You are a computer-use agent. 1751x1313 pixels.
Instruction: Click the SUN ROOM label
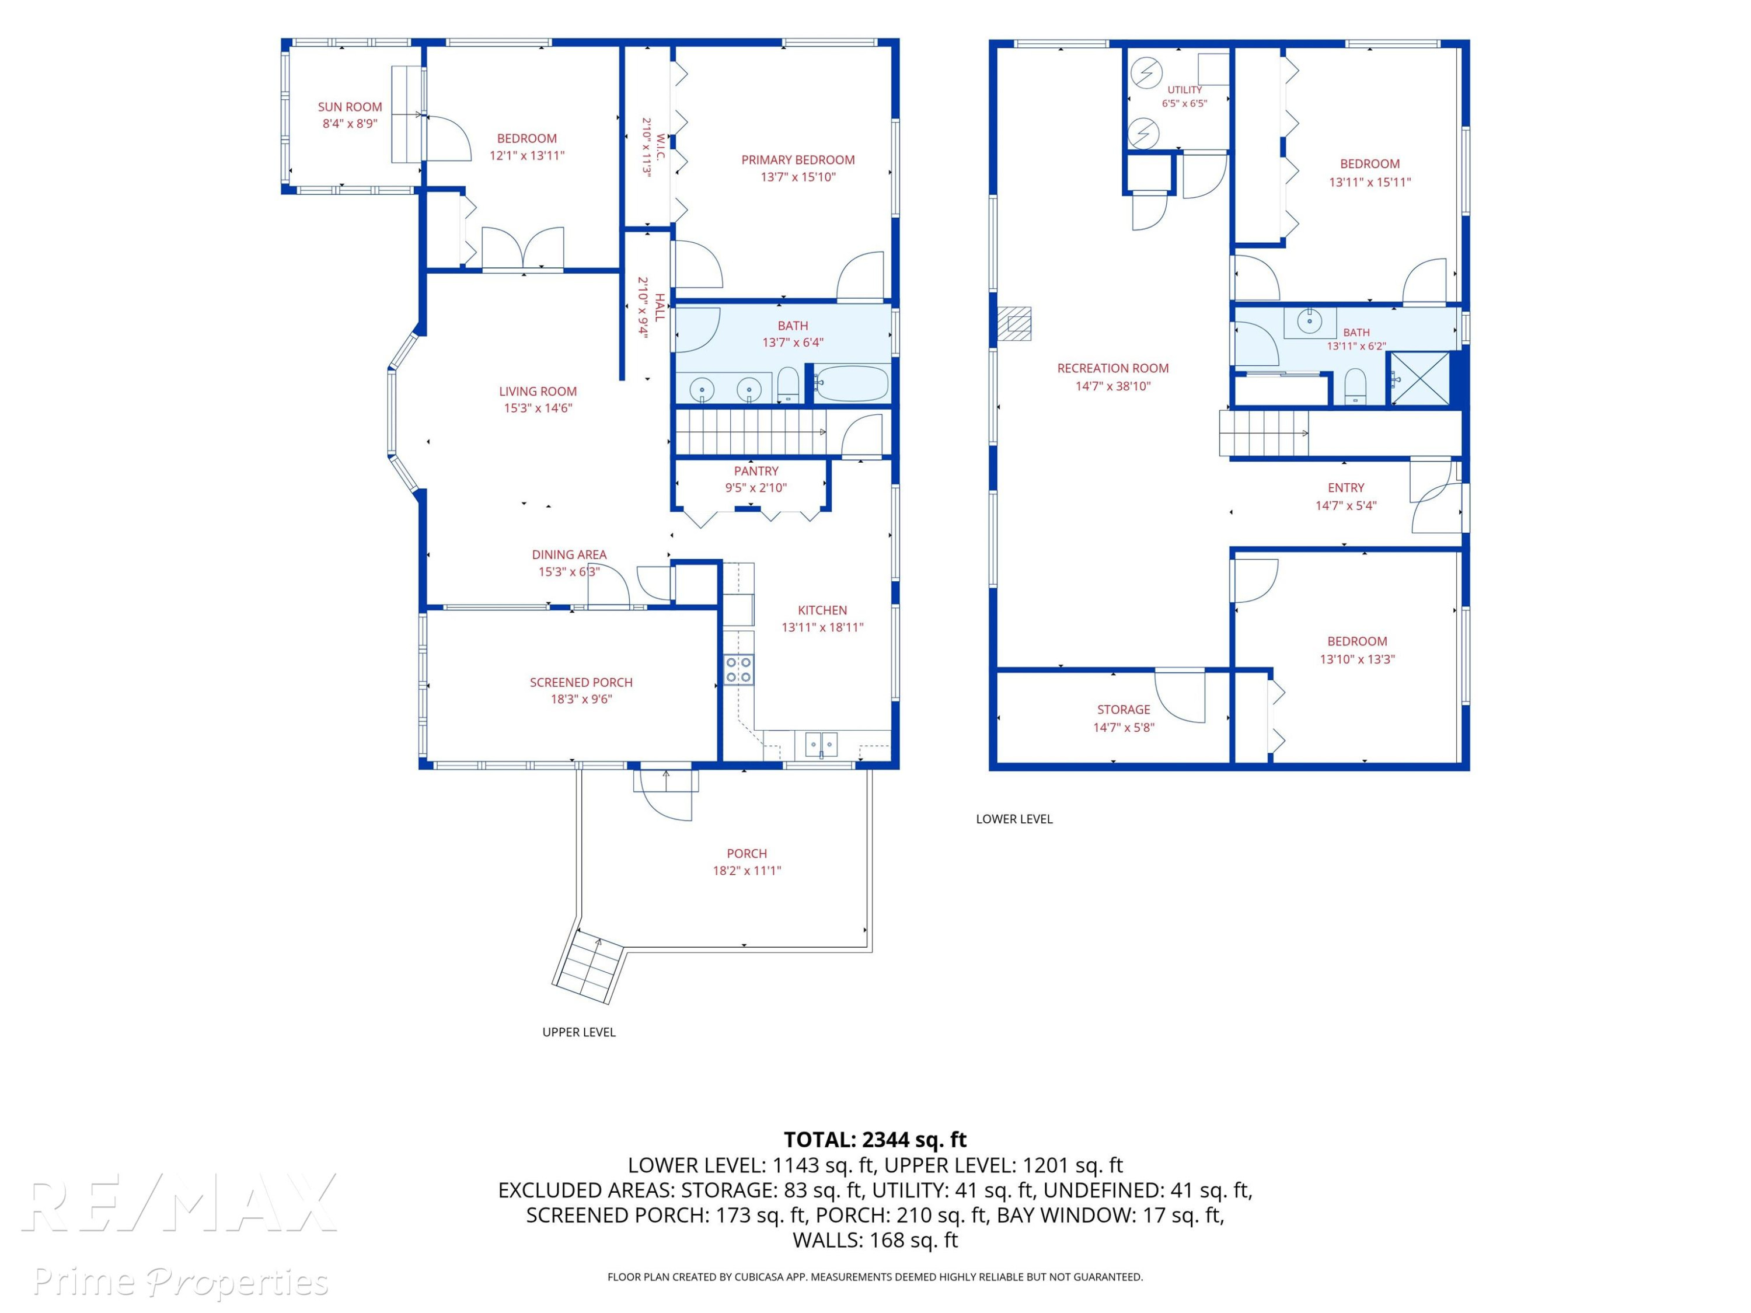(350, 107)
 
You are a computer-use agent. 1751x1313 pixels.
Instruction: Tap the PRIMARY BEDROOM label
(798, 160)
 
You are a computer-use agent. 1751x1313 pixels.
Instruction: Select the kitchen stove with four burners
(738, 669)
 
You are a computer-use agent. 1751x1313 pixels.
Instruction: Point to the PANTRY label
(756, 471)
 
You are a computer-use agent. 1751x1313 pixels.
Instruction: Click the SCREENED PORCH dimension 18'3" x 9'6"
(581, 699)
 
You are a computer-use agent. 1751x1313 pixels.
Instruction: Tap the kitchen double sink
(821, 745)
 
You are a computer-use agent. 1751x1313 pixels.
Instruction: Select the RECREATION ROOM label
(1112, 368)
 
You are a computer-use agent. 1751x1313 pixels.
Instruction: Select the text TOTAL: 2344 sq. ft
(875, 1140)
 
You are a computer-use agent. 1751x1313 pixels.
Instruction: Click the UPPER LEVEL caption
(578, 1032)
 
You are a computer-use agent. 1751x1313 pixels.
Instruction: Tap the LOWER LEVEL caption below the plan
(1014, 819)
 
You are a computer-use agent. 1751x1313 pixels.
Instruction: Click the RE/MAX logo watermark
(180, 1204)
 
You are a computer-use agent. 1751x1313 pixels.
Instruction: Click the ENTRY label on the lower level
(1346, 487)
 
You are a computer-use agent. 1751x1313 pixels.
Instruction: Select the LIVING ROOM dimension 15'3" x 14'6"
(538, 408)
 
